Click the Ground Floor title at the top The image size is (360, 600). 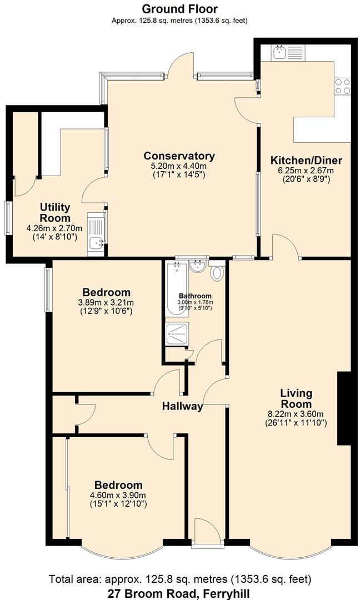click(x=179, y=9)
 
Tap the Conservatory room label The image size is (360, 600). click(x=179, y=156)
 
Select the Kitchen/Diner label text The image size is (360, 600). click(x=306, y=161)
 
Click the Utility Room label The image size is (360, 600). click(x=54, y=212)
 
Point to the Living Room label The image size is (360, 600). click(x=296, y=398)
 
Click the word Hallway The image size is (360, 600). click(x=182, y=406)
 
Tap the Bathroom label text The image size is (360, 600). click(x=195, y=296)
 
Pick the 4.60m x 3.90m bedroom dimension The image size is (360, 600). click(x=118, y=496)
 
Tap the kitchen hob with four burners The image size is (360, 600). click(x=342, y=87)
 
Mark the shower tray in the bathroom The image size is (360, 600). click(x=177, y=333)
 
